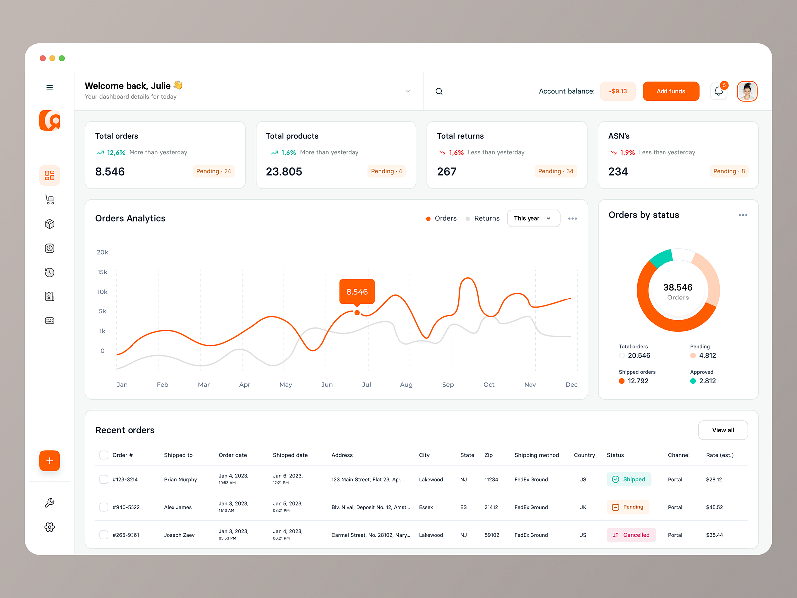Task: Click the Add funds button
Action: click(670, 91)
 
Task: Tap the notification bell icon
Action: click(718, 91)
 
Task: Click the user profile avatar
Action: click(747, 91)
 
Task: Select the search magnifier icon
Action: click(439, 91)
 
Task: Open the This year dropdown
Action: click(533, 218)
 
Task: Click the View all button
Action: click(723, 430)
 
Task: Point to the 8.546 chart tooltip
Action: click(357, 292)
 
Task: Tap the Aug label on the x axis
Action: click(406, 385)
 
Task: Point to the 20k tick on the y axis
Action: click(102, 252)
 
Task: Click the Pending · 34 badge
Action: click(555, 171)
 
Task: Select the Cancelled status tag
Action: click(631, 535)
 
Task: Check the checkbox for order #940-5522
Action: click(104, 507)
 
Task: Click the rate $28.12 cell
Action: click(714, 480)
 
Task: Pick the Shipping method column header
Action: click(536, 455)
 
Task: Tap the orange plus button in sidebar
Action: click(50, 461)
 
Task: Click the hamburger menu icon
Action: click(50, 87)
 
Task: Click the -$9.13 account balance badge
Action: click(618, 91)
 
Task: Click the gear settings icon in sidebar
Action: click(50, 527)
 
